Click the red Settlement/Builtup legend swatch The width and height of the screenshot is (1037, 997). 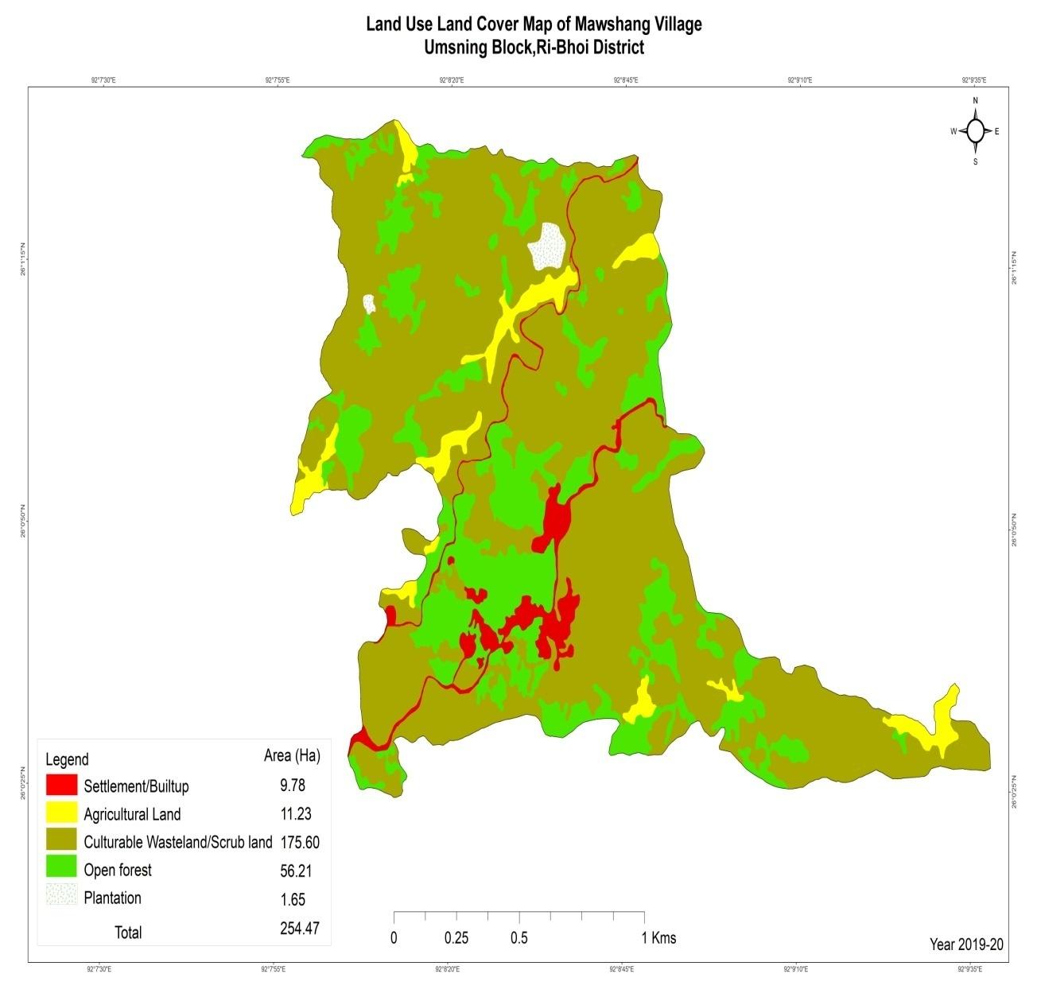(x=61, y=786)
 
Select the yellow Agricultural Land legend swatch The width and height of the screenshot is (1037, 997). (x=61, y=813)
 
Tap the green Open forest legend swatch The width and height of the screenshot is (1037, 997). (x=61, y=869)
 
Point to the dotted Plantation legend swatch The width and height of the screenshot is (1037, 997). (x=61, y=897)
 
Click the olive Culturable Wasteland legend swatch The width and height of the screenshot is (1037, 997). (x=61, y=841)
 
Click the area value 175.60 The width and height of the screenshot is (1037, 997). (x=300, y=842)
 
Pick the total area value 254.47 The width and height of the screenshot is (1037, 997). (x=300, y=928)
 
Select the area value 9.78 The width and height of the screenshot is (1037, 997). (x=292, y=786)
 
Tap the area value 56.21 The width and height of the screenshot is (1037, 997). (x=295, y=871)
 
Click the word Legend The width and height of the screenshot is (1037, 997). (x=67, y=759)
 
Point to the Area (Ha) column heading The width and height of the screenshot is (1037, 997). (x=292, y=756)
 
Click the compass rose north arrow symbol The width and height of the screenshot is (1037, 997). (x=976, y=130)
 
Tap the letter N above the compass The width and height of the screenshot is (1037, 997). (x=976, y=101)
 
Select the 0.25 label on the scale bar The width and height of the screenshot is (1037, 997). (x=456, y=938)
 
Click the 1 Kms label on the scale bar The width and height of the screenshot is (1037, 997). (x=658, y=938)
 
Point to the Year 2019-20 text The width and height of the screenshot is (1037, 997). (x=966, y=945)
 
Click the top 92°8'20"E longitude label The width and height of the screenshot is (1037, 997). (x=452, y=80)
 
